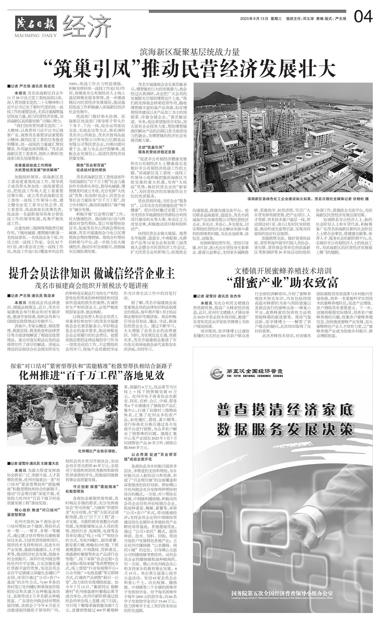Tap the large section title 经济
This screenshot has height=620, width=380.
87,25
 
